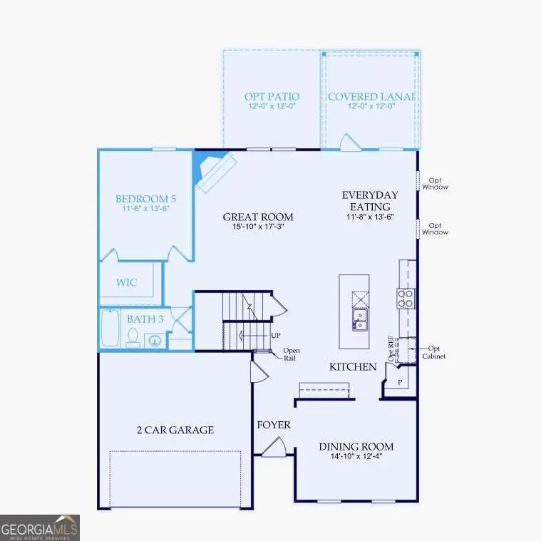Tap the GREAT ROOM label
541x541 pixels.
tap(257, 217)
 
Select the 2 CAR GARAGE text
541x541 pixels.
tap(175, 430)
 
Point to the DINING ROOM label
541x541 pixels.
tap(356, 447)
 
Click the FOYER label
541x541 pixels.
tap(274, 426)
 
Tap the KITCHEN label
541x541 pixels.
tap(352, 366)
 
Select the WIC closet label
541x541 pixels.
tap(127, 282)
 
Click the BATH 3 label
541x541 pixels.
tap(145, 319)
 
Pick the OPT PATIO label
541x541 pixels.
tap(272, 96)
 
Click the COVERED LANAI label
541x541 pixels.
tap(371, 96)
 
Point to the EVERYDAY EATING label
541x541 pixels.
tap(370, 200)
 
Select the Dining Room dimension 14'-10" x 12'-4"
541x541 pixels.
tap(356, 458)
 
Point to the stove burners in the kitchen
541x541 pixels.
tap(406, 297)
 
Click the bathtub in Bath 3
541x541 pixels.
tap(110, 329)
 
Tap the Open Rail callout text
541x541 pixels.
tap(292, 354)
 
